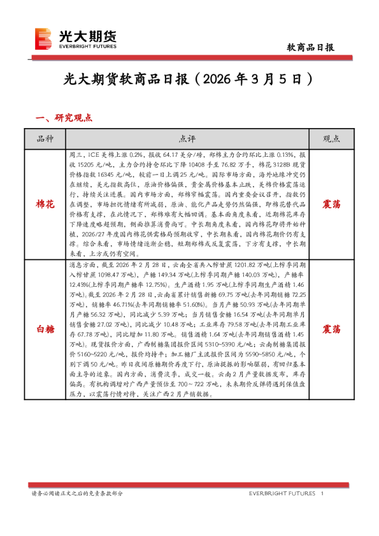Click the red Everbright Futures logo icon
(43, 39)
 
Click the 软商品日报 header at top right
(311, 47)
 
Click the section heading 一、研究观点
(64, 118)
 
